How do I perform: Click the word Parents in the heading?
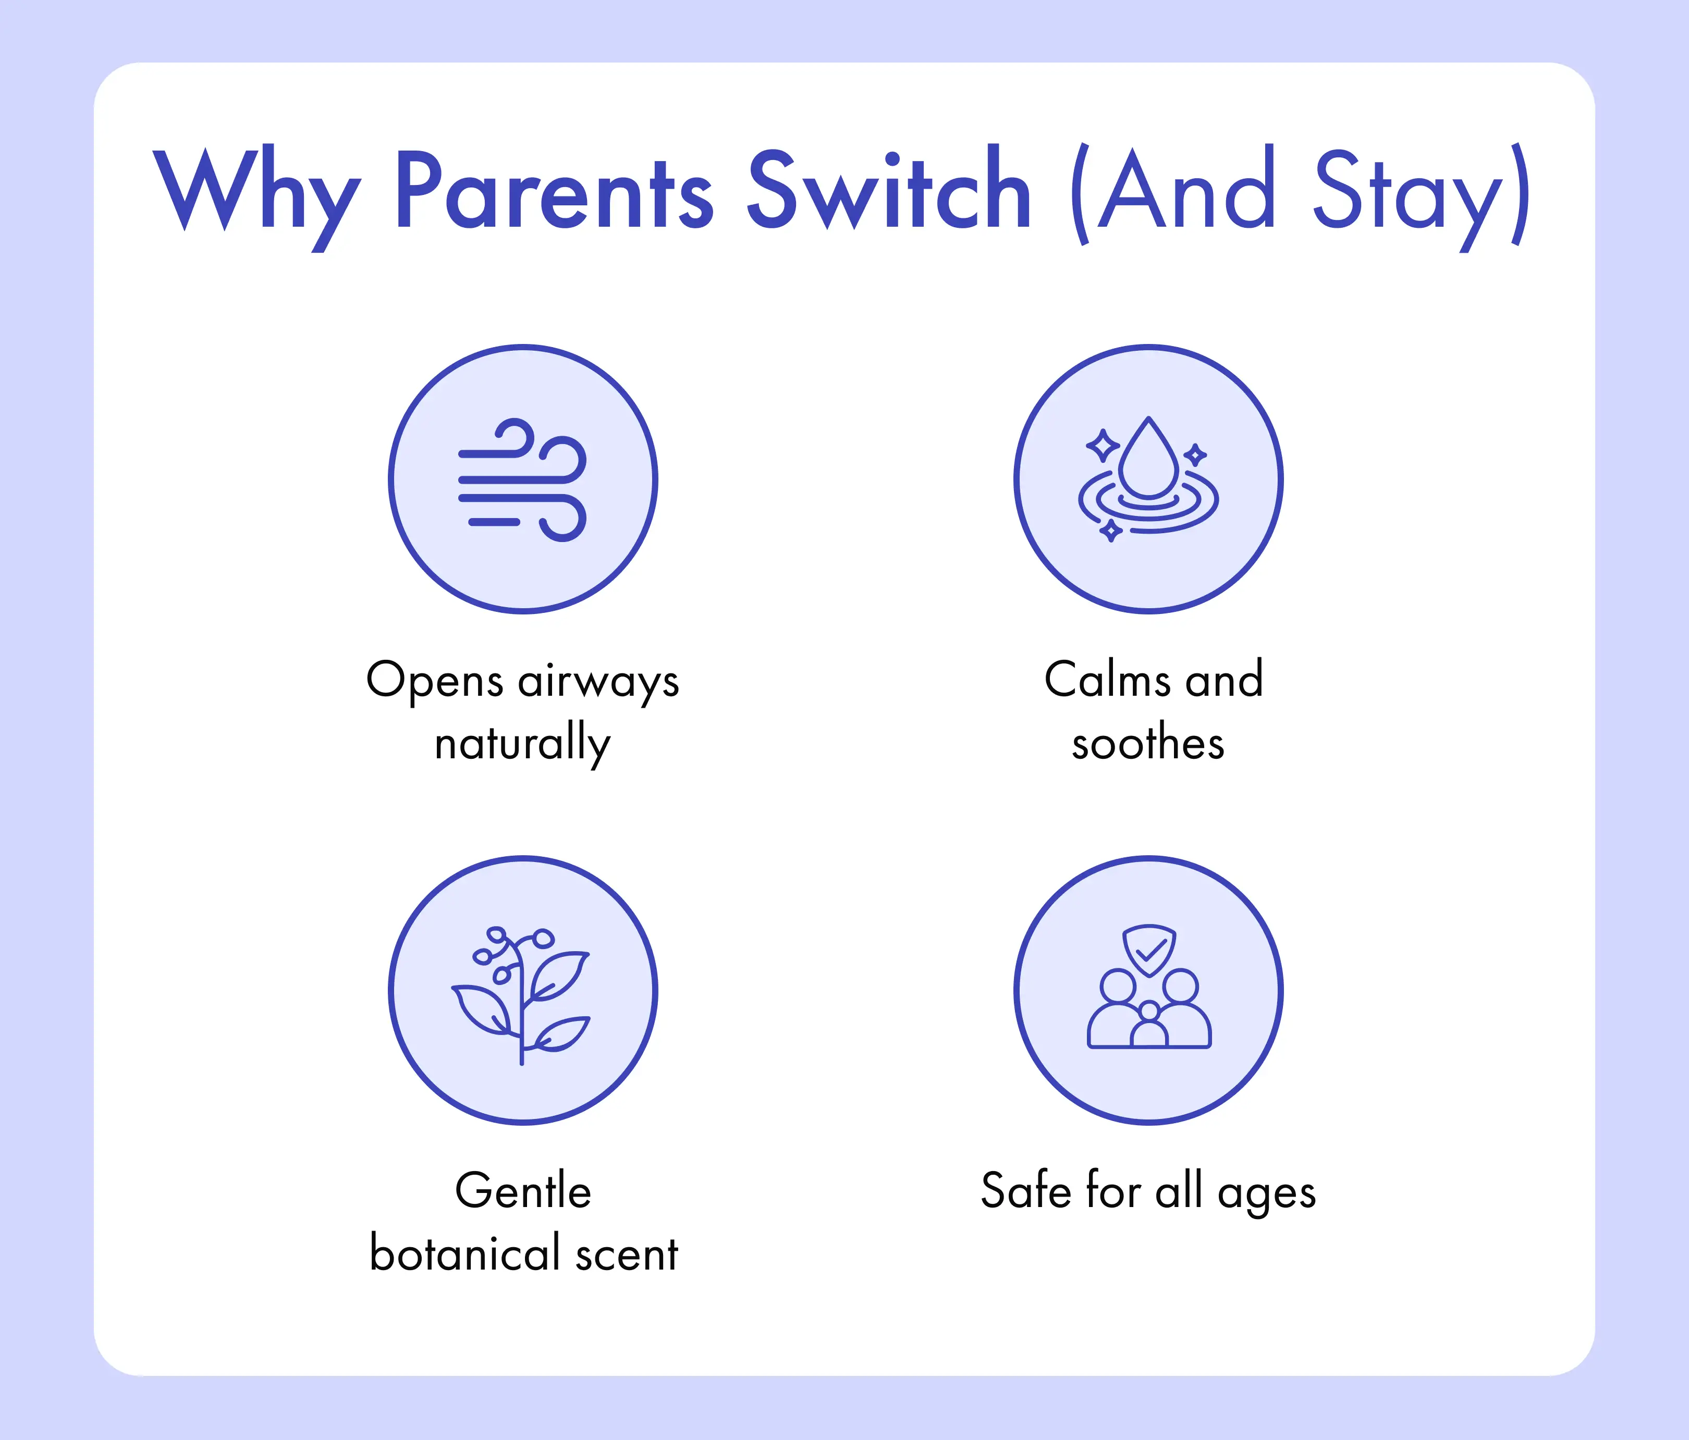click(x=554, y=189)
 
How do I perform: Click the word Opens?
click(x=434, y=681)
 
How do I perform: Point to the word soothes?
click(x=1148, y=743)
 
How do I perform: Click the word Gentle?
click(x=522, y=1191)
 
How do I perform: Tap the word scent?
click(x=627, y=1255)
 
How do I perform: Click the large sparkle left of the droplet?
click(x=1103, y=446)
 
